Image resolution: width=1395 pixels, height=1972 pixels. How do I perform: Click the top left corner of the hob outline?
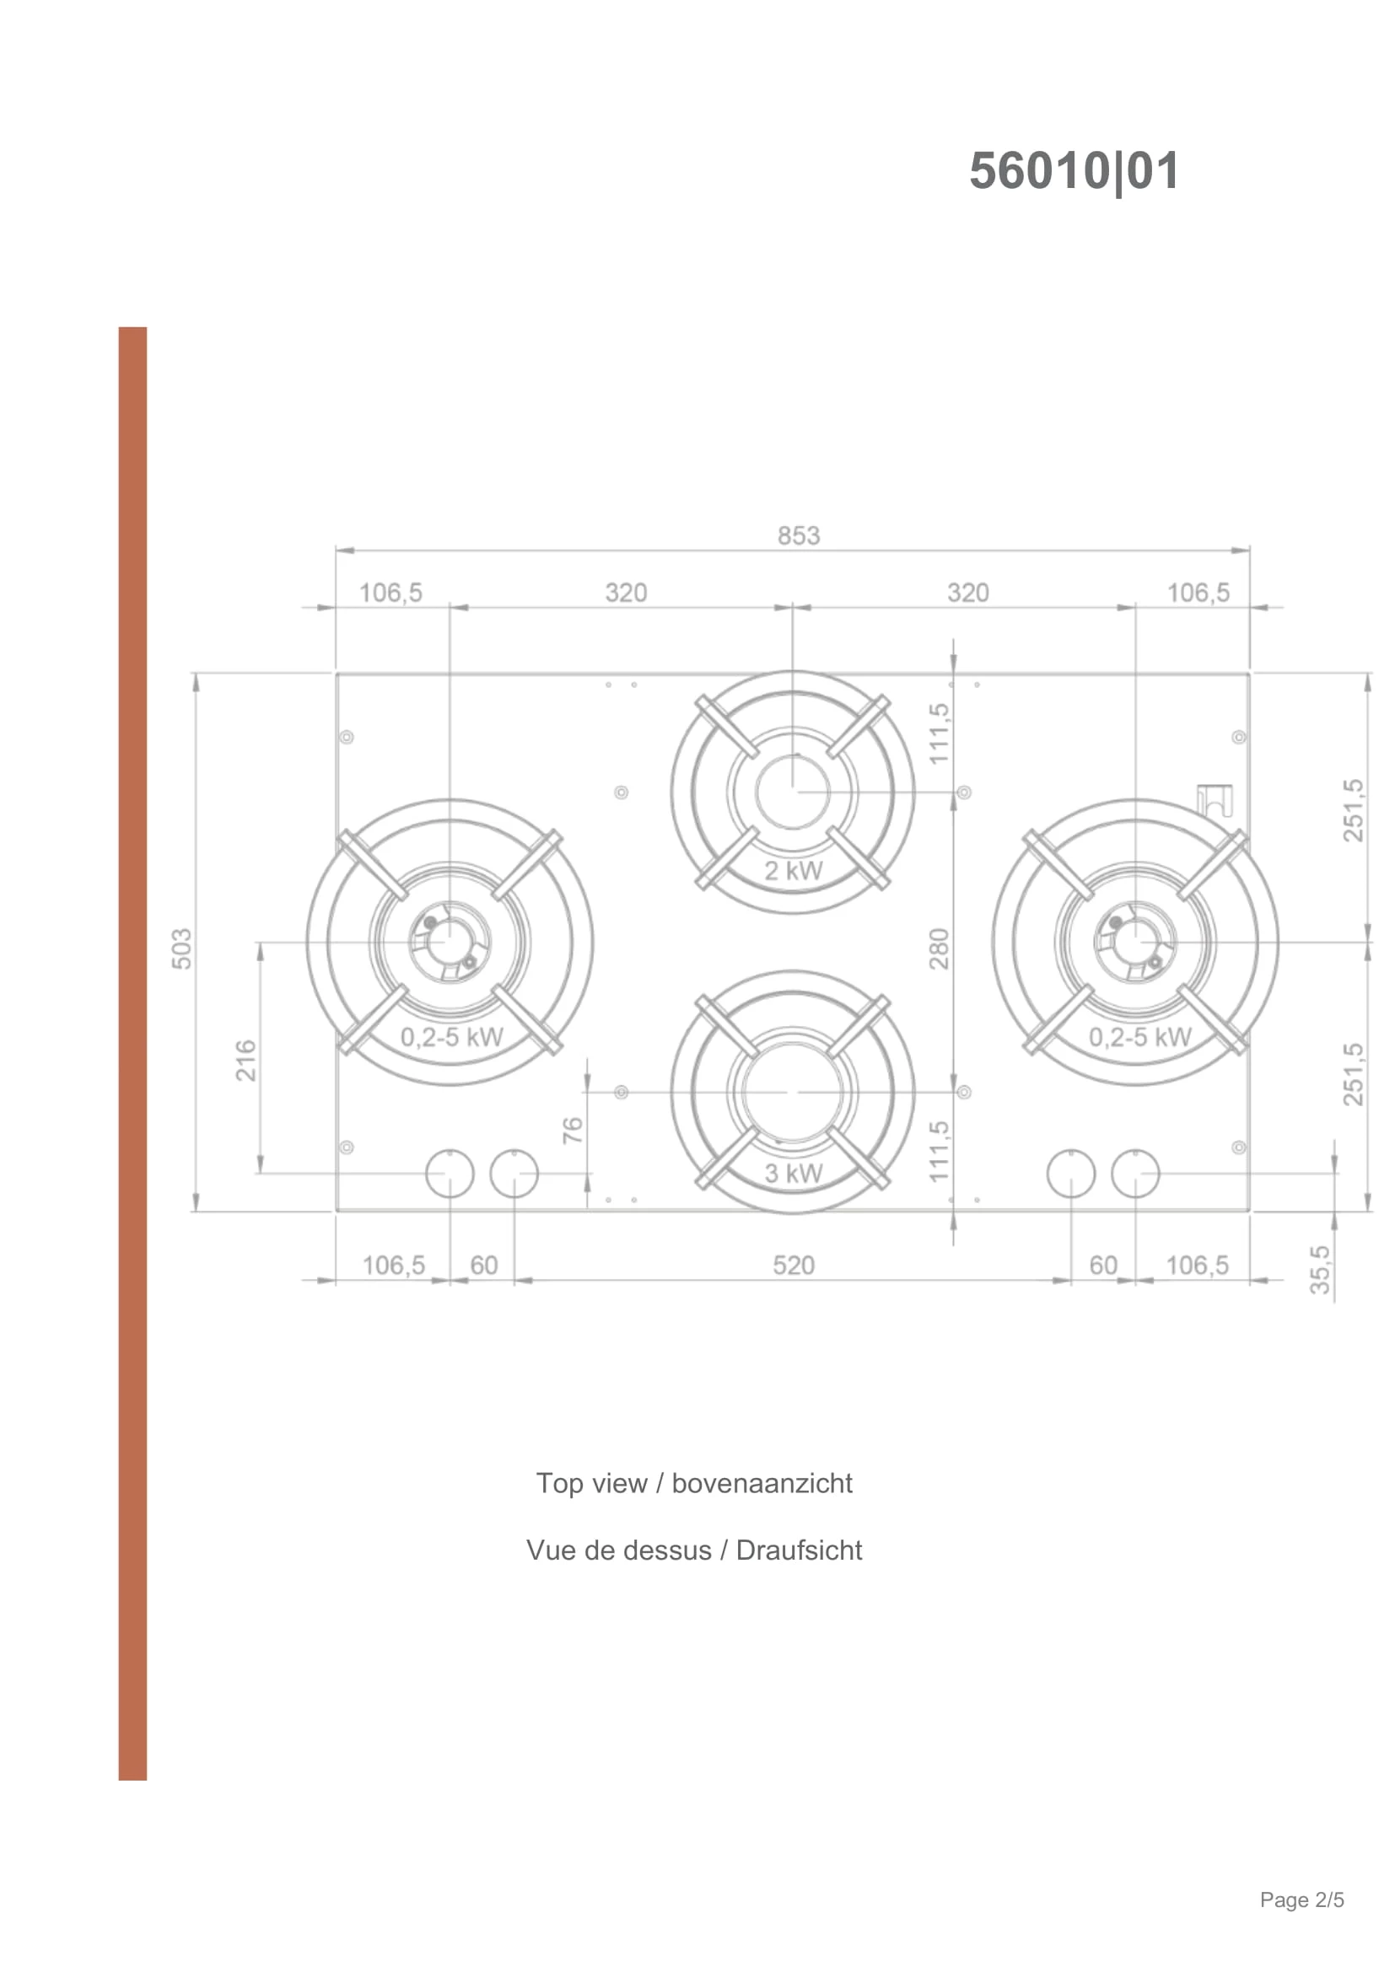tap(336, 674)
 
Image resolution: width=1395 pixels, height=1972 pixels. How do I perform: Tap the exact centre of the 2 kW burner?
tap(793, 792)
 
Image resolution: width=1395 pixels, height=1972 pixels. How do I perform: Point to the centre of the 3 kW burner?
tap(793, 1092)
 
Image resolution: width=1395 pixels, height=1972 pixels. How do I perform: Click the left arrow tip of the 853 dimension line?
tap(337, 550)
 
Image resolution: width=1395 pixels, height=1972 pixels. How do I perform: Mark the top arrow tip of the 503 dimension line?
tap(197, 675)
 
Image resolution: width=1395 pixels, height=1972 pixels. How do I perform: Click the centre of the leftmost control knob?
tap(450, 1174)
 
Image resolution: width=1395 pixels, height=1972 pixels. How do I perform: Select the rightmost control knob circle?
tap(1135, 1174)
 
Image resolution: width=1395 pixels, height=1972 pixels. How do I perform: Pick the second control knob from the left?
tap(514, 1174)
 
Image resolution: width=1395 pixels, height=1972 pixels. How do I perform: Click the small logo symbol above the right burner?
tap(1215, 801)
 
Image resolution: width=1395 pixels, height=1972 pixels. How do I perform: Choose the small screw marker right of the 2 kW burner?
tap(964, 792)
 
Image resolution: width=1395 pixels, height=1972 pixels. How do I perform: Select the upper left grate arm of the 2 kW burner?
tap(728, 727)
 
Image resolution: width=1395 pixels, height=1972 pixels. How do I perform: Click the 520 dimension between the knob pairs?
tap(793, 1265)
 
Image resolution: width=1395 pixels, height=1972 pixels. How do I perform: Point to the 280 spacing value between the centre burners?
tap(939, 948)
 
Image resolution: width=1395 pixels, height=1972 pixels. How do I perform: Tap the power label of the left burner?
tap(452, 1037)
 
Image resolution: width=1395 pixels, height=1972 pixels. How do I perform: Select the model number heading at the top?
tap(1074, 171)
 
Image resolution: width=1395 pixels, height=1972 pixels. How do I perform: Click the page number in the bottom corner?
tap(1301, 1924)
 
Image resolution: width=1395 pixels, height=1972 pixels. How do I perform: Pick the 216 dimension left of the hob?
tap(246, 1060)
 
